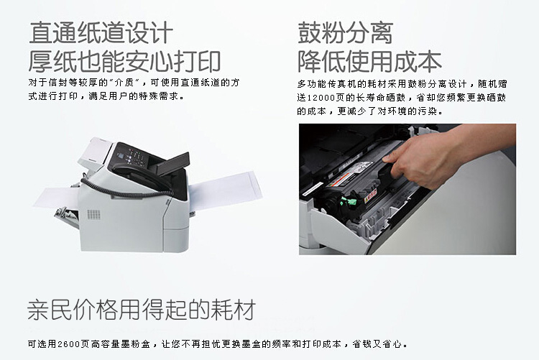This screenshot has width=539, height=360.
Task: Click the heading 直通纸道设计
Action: point(101,32)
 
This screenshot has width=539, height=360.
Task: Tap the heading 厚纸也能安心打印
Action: point(124,62)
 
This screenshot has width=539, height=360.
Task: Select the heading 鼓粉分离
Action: point(345,32)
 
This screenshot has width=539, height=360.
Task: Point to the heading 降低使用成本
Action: point(369,62)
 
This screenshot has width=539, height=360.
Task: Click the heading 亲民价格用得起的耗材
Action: point(142,310)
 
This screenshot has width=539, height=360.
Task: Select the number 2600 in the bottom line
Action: point(68,344)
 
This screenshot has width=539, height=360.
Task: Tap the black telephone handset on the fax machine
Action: point(144,177)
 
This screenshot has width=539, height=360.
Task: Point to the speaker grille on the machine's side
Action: point(93,215)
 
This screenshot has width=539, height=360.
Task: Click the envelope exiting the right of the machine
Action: point(225,189)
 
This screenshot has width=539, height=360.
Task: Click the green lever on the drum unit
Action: point(349,202)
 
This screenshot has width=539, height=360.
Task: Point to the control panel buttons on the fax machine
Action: point(136,157)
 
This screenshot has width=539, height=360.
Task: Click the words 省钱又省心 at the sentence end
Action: point(377,344)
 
